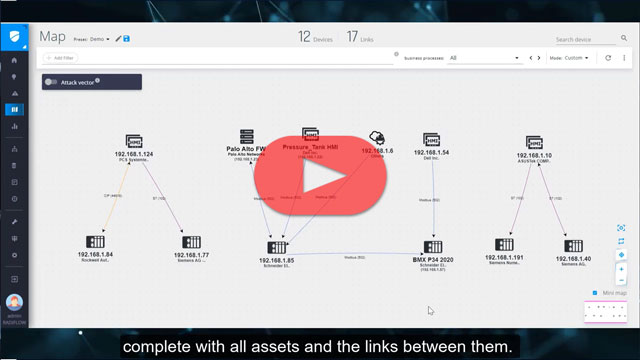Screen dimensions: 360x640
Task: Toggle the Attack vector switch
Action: (51, 81)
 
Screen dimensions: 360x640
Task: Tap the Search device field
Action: (590, 39)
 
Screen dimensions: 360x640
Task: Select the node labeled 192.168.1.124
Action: (134, 154)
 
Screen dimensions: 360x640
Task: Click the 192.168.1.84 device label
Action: (96, 254)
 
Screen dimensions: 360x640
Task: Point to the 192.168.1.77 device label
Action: (189, 254)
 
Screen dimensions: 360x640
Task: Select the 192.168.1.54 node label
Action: (431, 153)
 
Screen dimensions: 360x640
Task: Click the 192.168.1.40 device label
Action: (573, 258)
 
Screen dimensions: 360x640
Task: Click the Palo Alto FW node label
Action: (246, 149)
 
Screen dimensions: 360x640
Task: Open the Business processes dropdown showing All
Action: (485, 58)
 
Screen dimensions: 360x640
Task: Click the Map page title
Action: (52, 36)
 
